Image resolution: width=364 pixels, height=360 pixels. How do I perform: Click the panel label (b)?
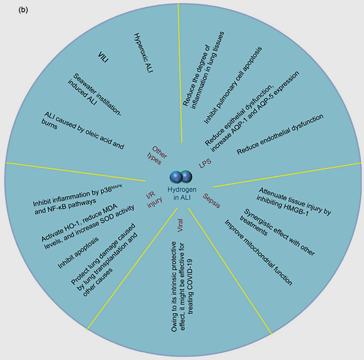click(23, 10)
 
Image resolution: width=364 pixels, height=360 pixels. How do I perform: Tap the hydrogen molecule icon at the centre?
click(181, 177)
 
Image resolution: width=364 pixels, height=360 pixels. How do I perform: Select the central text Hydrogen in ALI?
click(182, 193)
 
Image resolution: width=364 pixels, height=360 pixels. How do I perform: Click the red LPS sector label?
click(205, 163)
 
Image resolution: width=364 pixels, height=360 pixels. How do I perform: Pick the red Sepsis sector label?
click(212, 201)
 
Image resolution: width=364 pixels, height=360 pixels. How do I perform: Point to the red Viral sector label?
click(180, 225)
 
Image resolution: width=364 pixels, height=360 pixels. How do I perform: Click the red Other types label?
click(157, 155)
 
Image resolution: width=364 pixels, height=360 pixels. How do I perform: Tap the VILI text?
click(103, 57)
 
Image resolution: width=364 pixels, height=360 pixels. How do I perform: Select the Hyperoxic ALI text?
click(143, 53)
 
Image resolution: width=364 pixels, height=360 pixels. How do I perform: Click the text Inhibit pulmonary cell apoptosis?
click(233, 85)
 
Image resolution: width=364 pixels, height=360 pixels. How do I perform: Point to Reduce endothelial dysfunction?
click(280, 134)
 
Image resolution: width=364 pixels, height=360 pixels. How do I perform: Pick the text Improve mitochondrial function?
click(258, 252)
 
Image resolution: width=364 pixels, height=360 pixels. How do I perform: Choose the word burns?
click(49, 125)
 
